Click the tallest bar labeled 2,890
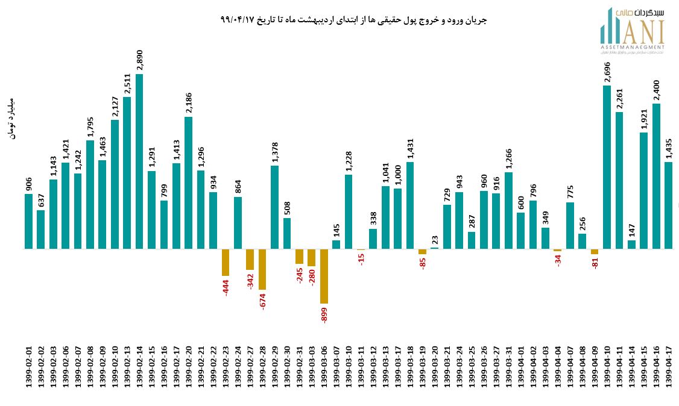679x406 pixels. (139, 161)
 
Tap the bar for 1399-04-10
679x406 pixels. (607, 167)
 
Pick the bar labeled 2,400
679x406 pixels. (656, 176)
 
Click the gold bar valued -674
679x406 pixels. (262, 269)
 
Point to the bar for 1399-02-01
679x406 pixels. (28, 221)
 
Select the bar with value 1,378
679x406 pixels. (274, 207)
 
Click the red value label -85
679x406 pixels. (423, 263)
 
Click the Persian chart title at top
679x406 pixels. (353, 20)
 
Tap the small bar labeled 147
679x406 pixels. (632, 244)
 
